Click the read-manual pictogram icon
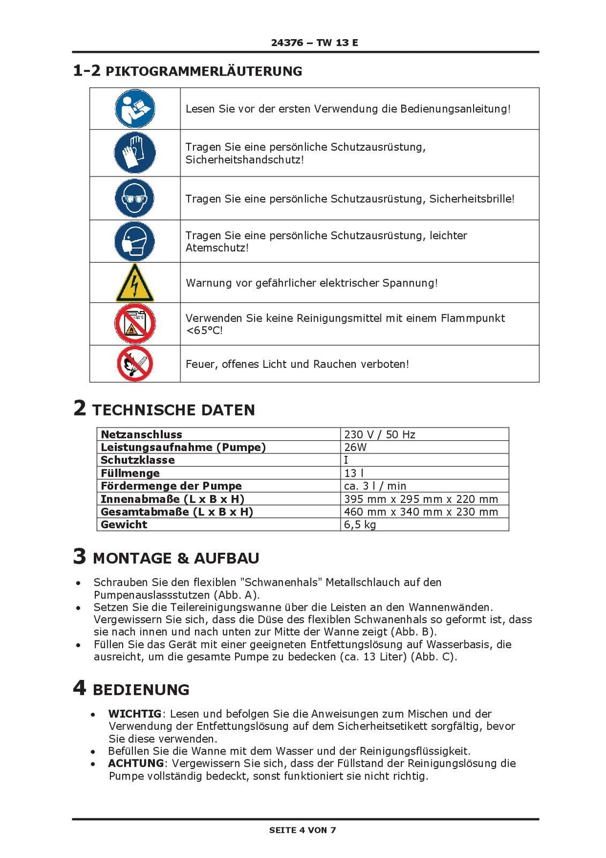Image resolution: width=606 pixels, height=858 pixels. coord(135,108)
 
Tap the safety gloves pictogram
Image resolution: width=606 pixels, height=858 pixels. coord(135,153)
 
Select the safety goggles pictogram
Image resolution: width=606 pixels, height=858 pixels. coord(135,198)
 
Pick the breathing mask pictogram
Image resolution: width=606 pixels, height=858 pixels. coord(135,241)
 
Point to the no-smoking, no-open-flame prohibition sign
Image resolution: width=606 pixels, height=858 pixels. coord(135,364)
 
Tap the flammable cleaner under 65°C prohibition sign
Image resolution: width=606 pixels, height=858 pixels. coord(135,324)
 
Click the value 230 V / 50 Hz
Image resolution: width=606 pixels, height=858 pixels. coord(379,434)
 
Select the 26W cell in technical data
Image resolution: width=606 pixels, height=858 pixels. coord(355,447)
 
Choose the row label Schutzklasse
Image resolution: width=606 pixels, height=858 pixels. coord(138,460)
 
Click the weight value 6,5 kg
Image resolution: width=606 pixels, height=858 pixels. coord(360,524)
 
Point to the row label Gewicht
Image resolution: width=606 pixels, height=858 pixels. coord(124,524)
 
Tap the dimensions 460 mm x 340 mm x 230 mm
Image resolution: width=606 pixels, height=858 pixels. coord(421,512)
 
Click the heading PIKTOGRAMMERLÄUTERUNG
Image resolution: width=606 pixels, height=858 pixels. coord(204,71)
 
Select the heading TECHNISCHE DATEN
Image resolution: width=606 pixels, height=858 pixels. coord(174,410)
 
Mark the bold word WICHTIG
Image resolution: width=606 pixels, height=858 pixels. coord(134,714)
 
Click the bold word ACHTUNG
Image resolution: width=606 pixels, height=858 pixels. coord(136,763)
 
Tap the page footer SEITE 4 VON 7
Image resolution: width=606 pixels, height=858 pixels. coord(303,830)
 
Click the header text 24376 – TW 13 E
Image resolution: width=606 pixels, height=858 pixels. coord(315,43)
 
